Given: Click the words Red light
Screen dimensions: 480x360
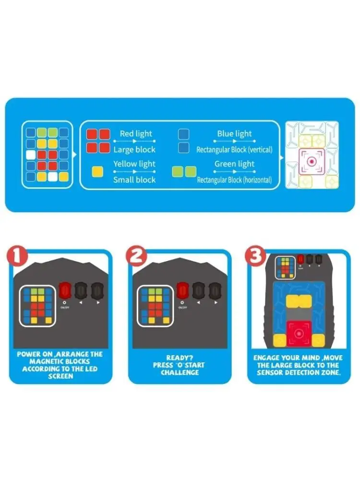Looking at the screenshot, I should pyautogui.click(x=136, y=134).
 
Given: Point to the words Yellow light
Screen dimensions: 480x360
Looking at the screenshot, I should pyautogui.click(x=134, y=164).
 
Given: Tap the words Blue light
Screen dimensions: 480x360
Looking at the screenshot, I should pyautogui.click(x=234, y=134).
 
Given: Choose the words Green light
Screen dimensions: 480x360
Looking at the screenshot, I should pyautogui.click(x=234, y=164).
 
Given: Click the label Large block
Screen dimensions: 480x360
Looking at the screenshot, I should pyautogui.click(x=134, y=149).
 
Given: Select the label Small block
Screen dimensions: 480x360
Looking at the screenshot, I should pyautogui.click(x=134, y=180).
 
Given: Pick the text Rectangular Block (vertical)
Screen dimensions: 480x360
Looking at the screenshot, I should pyautogui.click(x=234, y=149).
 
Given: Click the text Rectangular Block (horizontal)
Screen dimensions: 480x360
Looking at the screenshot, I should pyautogui.click(x=234, y=180).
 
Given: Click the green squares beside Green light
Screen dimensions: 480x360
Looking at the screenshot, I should pyautogui.click(x=184, y=171).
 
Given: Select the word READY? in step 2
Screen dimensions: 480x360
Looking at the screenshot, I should pyautogui.click(x=179, y=358).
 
